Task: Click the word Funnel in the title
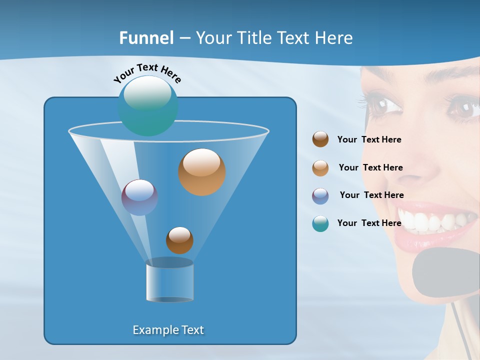pyautogui.click(x=146, y=38)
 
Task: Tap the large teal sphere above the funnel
pyautogui.click(x=148, y=106)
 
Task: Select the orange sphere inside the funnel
pyautogui.click(x=202, y=172)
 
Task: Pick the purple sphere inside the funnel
pyautogui.click(x=139, y=197)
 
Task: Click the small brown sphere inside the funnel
pyautogui.click(x=179, y=240)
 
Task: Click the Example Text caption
pyautogui.click(x=168, y=330)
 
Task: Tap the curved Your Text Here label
pyautogui.click(x=147, y=72)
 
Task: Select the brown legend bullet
pyautogui.click(x=320, y=139)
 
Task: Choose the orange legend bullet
pyautogui.click(x=320, y=168)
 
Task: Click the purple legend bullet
pyautogui.click(x=320, y=196)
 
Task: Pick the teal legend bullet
pyautogui.click(x=320, y=223)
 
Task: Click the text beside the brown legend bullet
pyautogui.click(x=369, y=140)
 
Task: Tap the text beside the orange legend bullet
pyautogui.click(x=370, y=167)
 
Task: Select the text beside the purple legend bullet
pyautogui.click(x=371, y=195)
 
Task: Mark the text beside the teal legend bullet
pyautogui.click(x=369, y=223)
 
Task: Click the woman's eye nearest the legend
pyautogui.click(x=383, y=105)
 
